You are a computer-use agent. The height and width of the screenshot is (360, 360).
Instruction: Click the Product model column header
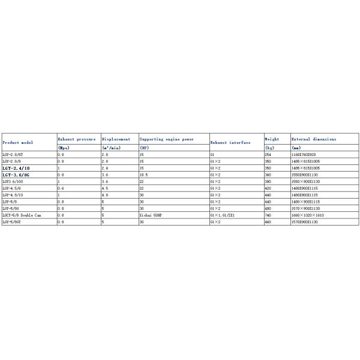pos(18,143)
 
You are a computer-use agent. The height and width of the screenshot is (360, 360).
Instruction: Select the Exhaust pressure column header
pos(76,139)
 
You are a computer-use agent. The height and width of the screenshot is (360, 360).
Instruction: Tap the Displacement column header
pos(116,139)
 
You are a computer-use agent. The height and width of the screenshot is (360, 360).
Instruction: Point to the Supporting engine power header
pos(166,139)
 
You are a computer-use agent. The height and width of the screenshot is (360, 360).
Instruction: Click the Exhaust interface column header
pos(229,143)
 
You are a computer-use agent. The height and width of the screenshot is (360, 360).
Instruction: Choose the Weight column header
pos(272,139)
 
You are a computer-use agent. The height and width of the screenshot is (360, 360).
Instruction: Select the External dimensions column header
pos(314,139)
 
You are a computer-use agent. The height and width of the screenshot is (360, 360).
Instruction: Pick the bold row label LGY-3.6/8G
pos(16,175)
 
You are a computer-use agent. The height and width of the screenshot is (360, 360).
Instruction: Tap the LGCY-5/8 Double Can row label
pos(22,214)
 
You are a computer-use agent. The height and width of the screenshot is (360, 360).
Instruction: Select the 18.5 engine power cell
pos(144,175)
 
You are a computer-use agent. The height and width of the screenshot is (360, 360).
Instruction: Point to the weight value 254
pos(268,155)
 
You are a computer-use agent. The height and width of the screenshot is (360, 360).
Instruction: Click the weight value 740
pos(268,214)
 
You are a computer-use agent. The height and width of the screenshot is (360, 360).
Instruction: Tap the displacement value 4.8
pos(105,194)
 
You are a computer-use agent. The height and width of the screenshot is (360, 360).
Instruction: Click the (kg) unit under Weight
pos(269,148)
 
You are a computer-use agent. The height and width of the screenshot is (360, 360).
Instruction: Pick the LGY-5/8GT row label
pos(15,221)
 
